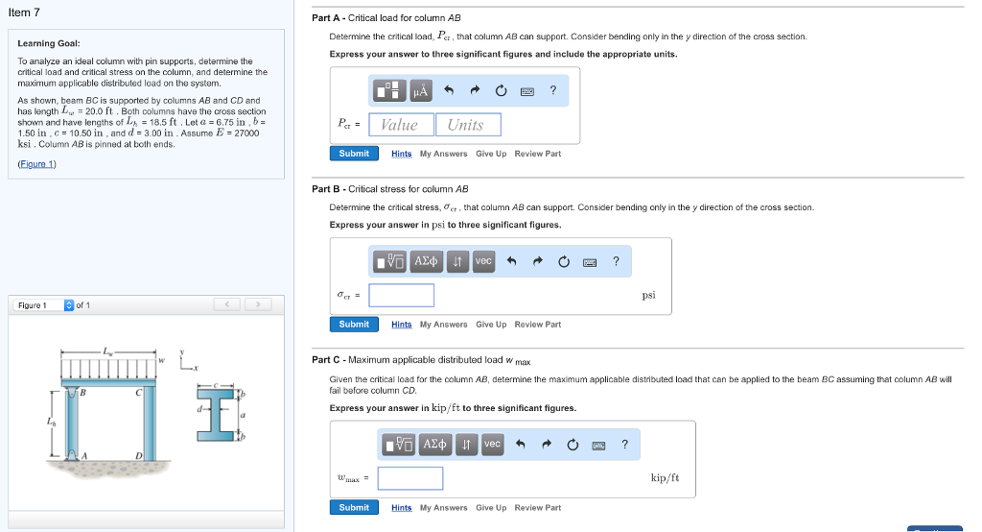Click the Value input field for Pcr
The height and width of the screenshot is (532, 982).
pos(399,125)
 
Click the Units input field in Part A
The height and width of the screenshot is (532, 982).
pos(465,125)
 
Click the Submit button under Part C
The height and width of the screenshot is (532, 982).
pos(354,507)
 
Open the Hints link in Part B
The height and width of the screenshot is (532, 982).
pos(401,325)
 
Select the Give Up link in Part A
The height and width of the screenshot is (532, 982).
pos(491,154)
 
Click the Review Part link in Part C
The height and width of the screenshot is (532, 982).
pos(537,507)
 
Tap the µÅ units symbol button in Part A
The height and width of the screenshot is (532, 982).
pos(421,90)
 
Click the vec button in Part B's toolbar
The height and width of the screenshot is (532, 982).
pos(483,261)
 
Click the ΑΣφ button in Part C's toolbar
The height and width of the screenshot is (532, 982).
pos(434,444)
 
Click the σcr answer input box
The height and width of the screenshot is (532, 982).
pos(401,295)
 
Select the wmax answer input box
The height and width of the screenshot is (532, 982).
pos(409,478)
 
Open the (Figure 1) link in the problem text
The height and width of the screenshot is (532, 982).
pos(37,164)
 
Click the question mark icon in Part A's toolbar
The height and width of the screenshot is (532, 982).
pos(552,90)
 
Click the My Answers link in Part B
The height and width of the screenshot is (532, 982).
pos(443,325)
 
